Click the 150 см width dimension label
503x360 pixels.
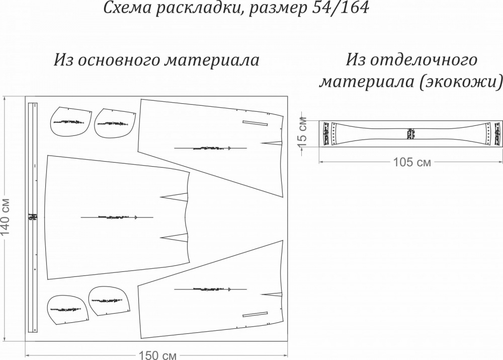click(x=157, y=355)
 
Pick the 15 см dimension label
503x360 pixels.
click(x=302, y=132)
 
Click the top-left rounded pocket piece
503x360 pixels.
click(x=70, y=122)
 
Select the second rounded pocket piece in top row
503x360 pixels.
click(x=114, y=122)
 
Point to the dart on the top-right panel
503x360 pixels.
click(x=272, y=143)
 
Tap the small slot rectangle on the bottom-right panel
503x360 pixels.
click(x=256, y=315)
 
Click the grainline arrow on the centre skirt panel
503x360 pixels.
click(x=117, y=217)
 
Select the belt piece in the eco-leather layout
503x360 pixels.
click(x=410, y=133)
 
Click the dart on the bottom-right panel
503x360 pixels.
click(x=272, y=294)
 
